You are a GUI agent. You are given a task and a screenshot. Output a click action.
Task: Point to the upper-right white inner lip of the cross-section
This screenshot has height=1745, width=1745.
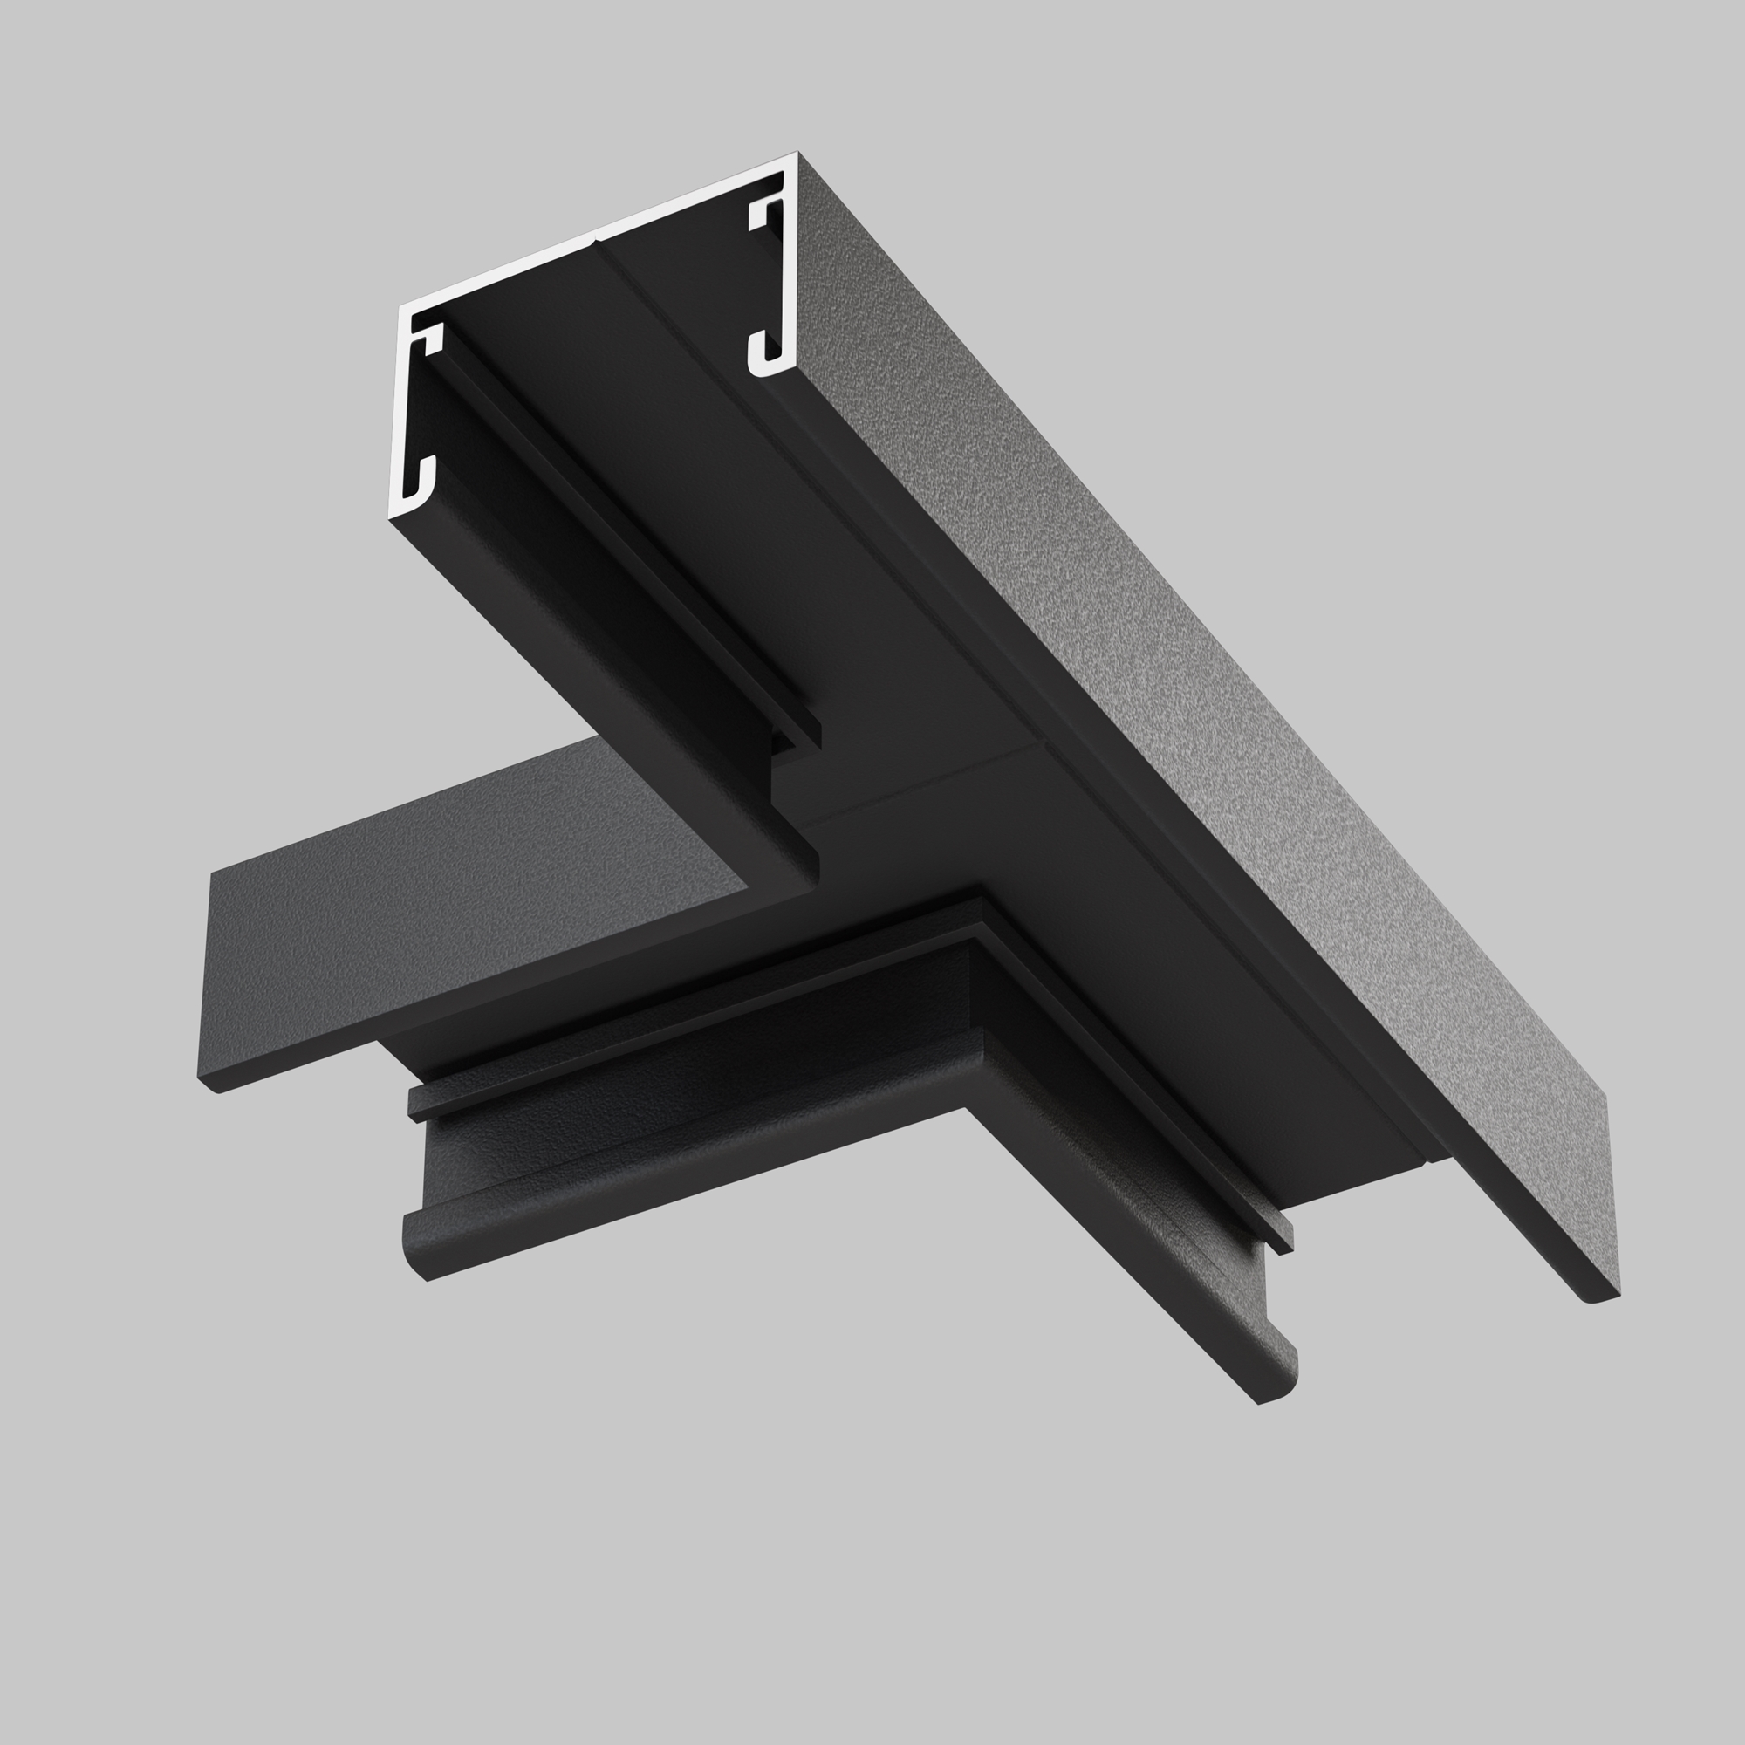[764, 211]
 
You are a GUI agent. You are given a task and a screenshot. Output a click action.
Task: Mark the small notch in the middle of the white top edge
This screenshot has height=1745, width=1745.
[595, 238]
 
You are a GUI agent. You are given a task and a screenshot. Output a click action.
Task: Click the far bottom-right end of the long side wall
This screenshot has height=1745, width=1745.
[1602, 1297]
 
